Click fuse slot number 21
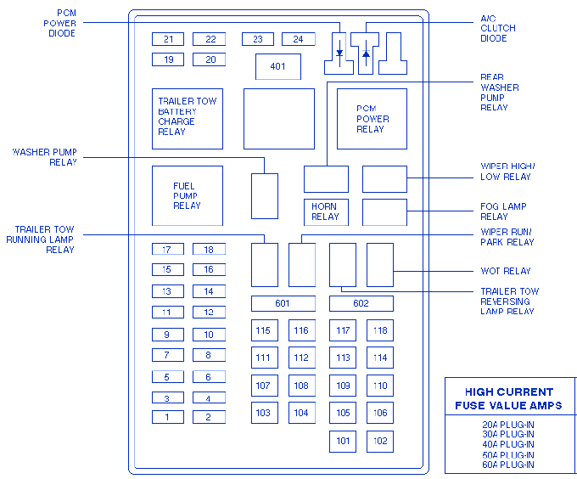point(168,39)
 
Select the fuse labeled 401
point(278,66)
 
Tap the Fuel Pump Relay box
point(188,196)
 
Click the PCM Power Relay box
point(372,119)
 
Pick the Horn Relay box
point(326,212)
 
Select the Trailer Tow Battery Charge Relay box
point(188,119)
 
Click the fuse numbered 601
point(283,303)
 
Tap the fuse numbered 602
point(361,303)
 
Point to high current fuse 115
point(265,330)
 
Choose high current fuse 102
point(380,441)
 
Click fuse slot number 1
point(168,417)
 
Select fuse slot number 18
point(209,249)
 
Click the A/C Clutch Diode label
point(498,28)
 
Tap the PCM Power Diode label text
point(60,23)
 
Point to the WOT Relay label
point(506,271)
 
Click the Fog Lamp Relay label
point(503,211)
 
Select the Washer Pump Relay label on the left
point(44,157)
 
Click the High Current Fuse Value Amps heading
point(508,398)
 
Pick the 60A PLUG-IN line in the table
point(508,465)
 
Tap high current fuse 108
point(302,386)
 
